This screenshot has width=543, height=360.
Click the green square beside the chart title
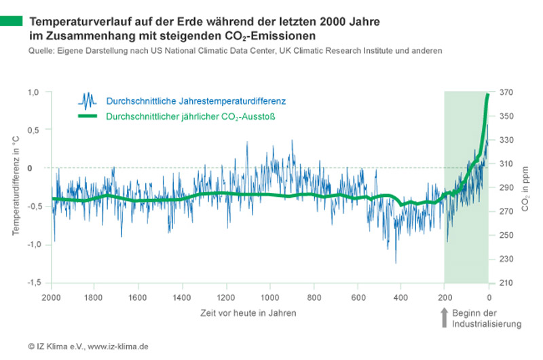[11, 22]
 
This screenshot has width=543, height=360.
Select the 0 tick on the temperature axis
[39, 167]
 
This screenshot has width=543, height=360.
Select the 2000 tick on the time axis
[51, 298]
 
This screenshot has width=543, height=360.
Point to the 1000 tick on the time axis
[269, 298]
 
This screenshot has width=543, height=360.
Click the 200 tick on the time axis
[445, 298]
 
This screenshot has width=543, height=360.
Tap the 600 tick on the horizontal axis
[357, 298]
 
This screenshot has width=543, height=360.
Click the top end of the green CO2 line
[488, 94]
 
